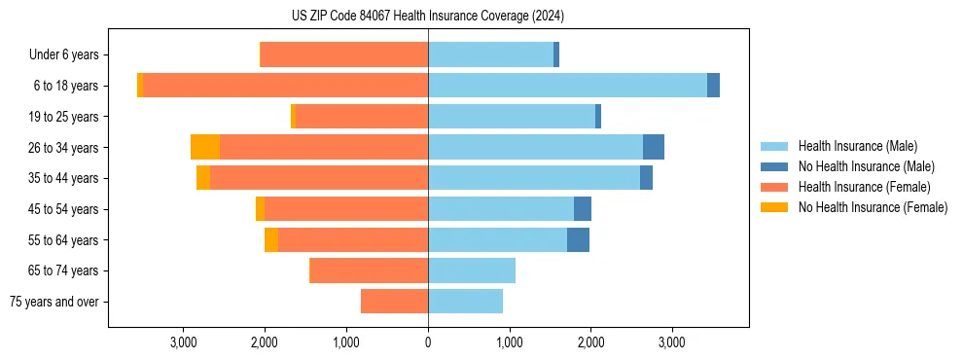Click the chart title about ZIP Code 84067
[x=428, y=16]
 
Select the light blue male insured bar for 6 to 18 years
[x=567, y=86]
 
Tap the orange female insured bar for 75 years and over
[x=394, y=302]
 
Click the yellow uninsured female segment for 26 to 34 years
[x=205, y=147]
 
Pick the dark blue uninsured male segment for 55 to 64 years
[x=578, y=239]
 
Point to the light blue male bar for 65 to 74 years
[x=472, y=270]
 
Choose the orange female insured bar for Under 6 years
[x=344, y=54]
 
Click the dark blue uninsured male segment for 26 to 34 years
[x=654, y=147]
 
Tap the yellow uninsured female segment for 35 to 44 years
[x=203, y=178]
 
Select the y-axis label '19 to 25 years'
[x=66, y=117]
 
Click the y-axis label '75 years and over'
[x=54, y=302]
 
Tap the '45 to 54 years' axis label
[x=66, y=209]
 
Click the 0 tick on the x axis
[x=428, y=342]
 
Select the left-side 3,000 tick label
[x=184, y=342]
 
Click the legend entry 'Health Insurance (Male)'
[x=857, y=146]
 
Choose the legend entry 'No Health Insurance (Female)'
[x=873, y=207]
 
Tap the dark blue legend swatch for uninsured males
[x=774, y=166]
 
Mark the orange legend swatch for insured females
[x=774, y=187]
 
